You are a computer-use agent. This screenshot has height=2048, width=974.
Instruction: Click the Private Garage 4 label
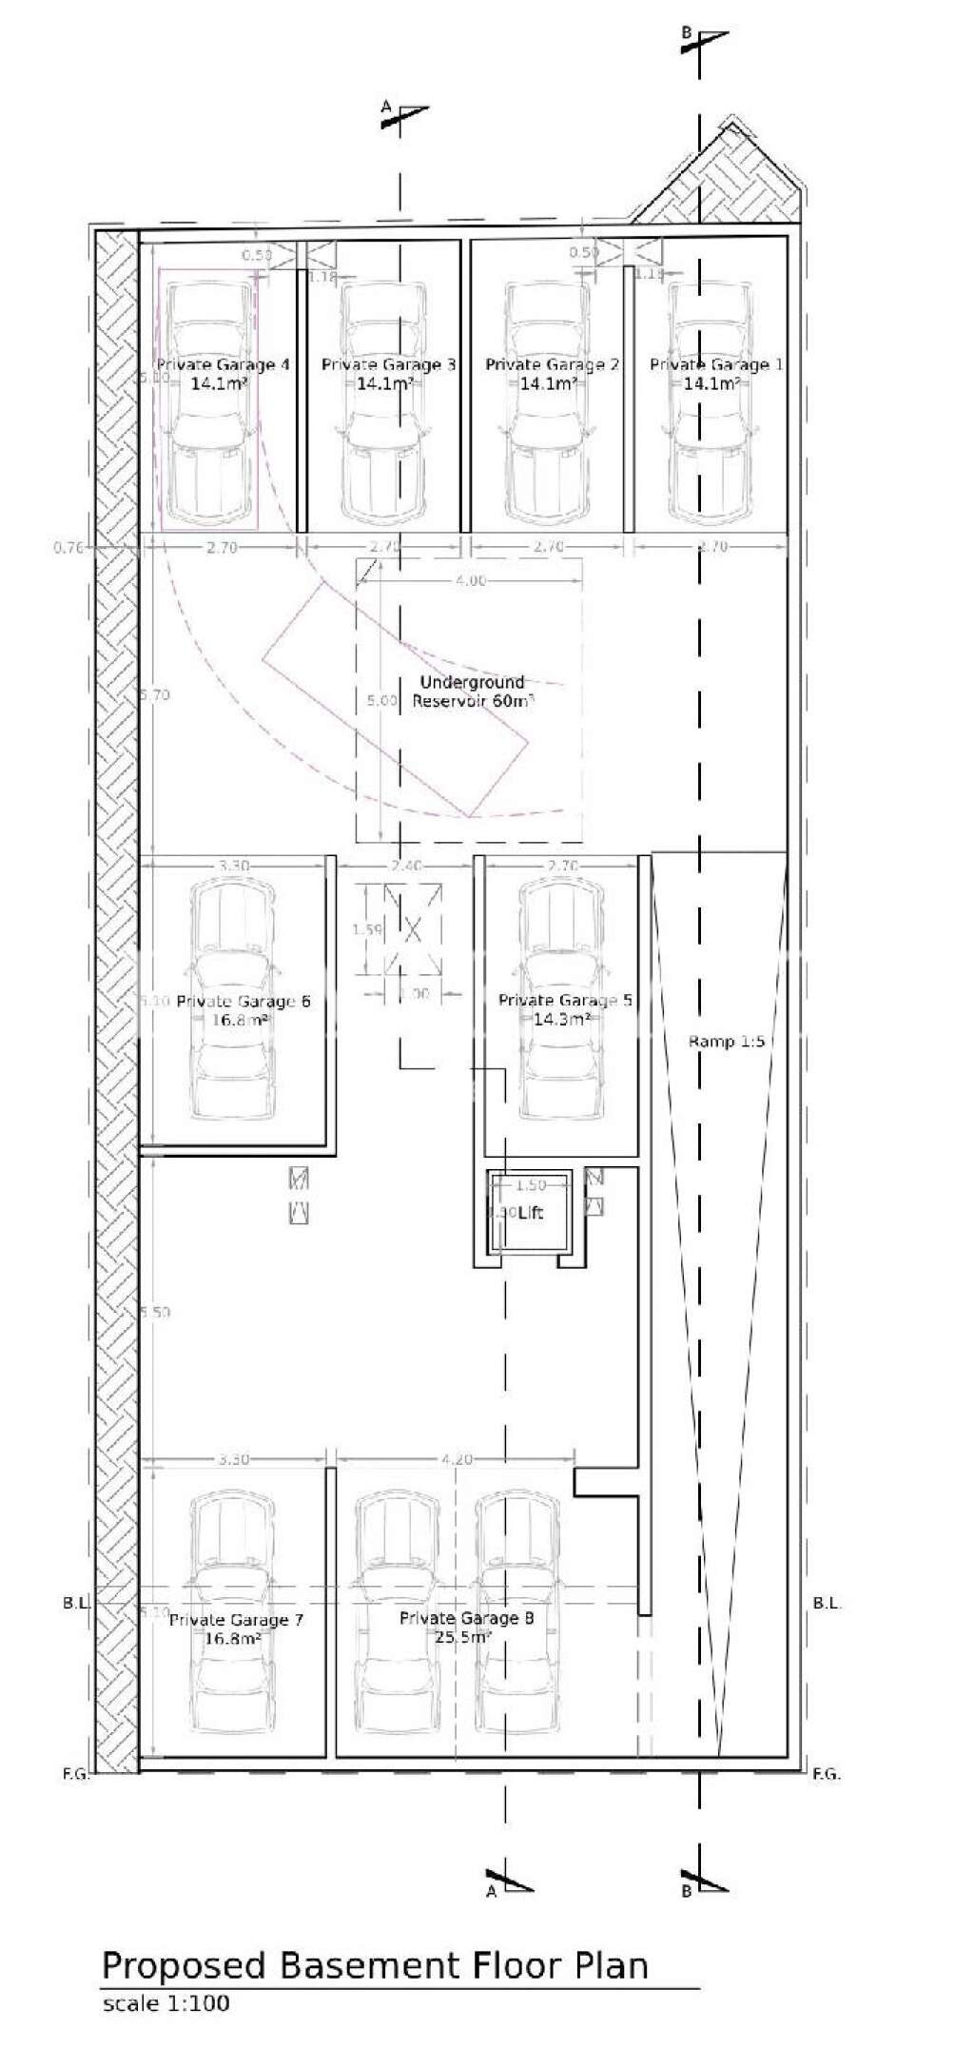coord(222,364)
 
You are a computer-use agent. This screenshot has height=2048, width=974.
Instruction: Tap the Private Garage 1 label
coord(716,364)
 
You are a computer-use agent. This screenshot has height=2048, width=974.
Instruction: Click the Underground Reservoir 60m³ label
coord(472,692)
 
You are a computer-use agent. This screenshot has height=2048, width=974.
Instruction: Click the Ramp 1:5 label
coord(726,1042)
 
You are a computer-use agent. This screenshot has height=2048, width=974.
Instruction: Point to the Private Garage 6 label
coord(243,1001)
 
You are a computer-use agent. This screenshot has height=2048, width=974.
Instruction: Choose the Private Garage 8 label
coord(466,1618)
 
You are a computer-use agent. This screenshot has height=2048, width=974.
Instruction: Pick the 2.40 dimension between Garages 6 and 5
coord(405,866)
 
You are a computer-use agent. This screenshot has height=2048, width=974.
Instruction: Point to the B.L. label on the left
coord(76,1603)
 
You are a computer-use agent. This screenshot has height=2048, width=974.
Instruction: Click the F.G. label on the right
coord(826,1773)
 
